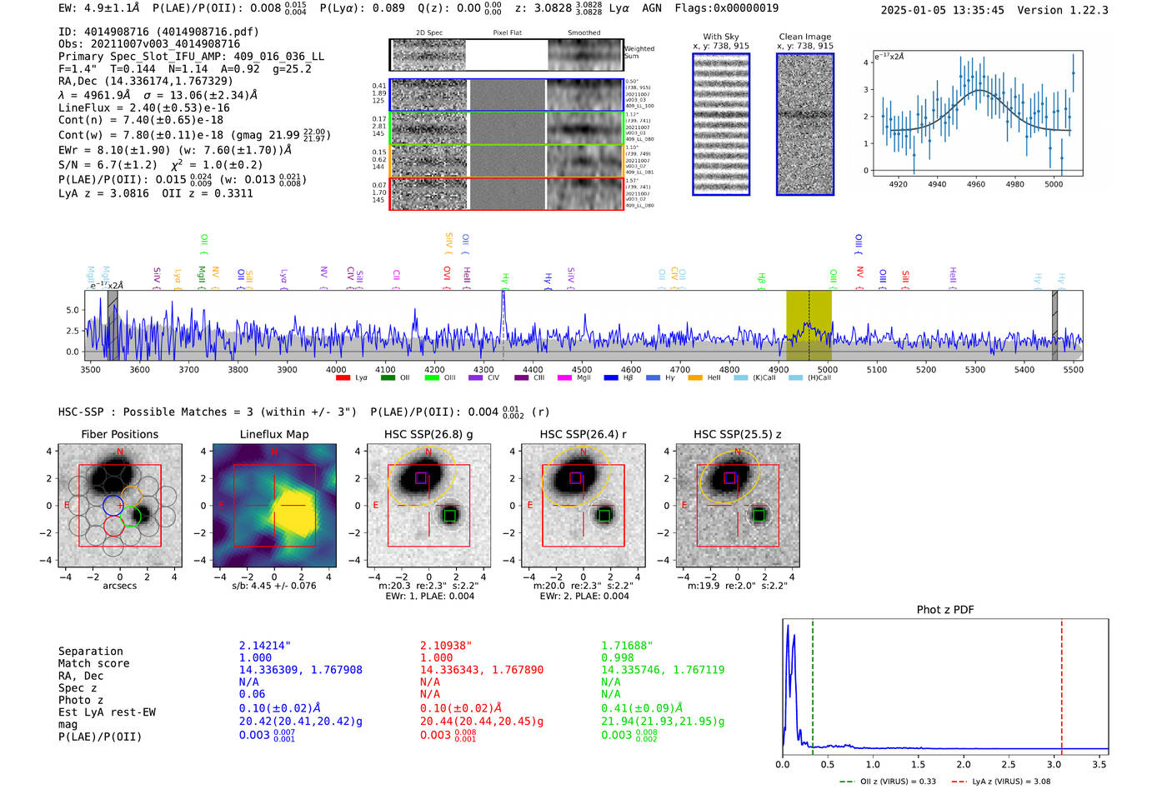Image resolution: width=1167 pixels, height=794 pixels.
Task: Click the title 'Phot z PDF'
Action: pos(945,610)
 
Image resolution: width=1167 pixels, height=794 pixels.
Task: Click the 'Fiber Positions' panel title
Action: pos(119,434)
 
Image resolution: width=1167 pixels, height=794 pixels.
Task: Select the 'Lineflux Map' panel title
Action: pos(274,434)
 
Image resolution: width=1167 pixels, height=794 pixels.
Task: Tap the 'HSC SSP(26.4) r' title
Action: pos(583,434)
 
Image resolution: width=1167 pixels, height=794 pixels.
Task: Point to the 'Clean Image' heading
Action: pos(804,37)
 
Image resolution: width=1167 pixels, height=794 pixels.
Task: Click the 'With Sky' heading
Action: pos(721,37)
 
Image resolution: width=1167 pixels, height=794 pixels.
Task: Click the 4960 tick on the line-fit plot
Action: pos(975,184)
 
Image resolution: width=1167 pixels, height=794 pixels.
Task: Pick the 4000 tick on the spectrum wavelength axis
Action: pos(336,370)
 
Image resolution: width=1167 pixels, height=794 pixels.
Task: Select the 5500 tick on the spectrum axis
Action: pos(1073,370)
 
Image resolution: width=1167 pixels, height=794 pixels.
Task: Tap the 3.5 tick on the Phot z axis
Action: pos(1099,764)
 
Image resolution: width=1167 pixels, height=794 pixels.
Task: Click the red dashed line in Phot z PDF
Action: pos(1062,683)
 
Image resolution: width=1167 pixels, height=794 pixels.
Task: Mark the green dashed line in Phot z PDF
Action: pos(813,683)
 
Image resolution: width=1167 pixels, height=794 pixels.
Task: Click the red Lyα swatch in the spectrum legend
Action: pos(343,378)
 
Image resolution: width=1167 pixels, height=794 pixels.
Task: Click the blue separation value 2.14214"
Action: pos(265,646)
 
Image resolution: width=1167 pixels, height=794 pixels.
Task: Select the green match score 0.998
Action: pos(618,657)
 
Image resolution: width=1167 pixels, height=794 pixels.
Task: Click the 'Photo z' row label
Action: pos(81,700)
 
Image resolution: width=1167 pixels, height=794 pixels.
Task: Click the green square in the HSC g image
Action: pos(450,516)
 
